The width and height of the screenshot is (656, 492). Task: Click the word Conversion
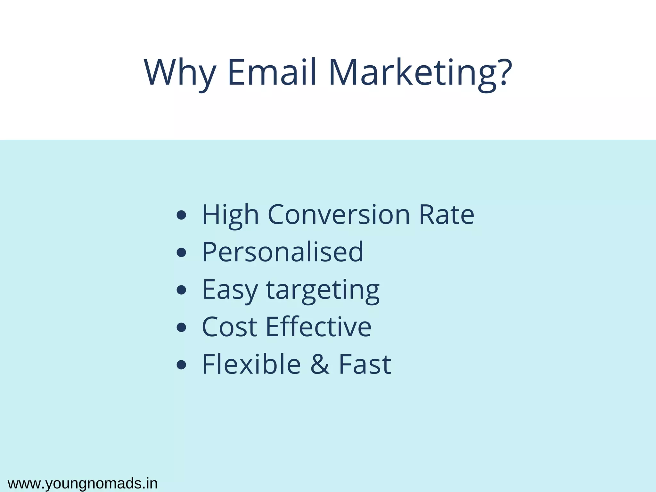click(x=339, y=215)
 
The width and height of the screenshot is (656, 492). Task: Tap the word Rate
click(x=447, y=215)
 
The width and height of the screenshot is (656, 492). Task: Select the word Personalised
click(x=283, y=252)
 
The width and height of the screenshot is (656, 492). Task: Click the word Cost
click(x=229, y=327)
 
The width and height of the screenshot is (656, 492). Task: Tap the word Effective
click(x=319, y=327)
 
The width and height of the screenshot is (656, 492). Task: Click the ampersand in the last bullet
click(x=320, y=365)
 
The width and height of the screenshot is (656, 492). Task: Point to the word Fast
click(x=365, y=365)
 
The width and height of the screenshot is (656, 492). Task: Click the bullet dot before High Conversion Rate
click(x=181, y=215)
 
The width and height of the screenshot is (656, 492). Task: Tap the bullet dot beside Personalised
click(x=181, y=252)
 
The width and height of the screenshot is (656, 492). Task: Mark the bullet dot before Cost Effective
click(x=181, y=327)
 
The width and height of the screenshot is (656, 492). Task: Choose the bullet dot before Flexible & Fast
click(x=181, y=365)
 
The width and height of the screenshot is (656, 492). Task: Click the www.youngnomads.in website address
click(x=83, y=484)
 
